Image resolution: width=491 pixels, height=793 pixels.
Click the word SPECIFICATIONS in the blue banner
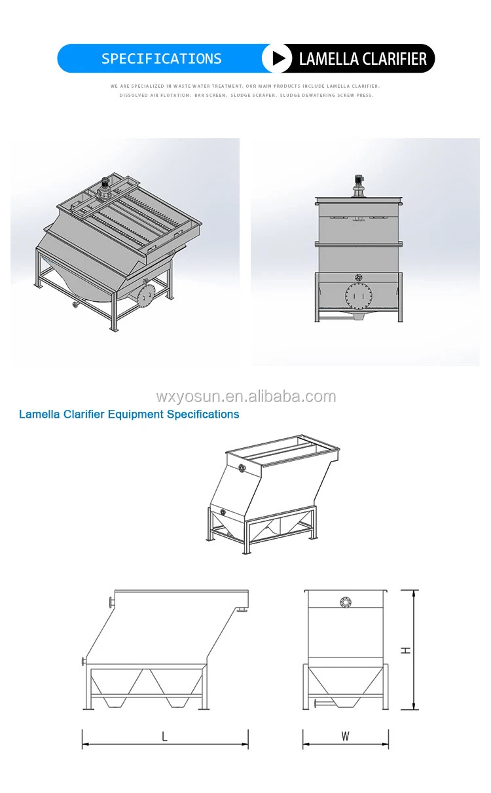point(161,59)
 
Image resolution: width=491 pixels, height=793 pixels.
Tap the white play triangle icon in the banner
point(278,59)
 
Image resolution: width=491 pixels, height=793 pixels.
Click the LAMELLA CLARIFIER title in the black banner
point(363,59)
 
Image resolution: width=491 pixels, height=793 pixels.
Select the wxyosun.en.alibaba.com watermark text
point(245,397)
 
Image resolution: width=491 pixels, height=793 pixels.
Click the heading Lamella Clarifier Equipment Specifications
point(129,415)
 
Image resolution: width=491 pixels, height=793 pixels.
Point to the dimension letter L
point(164,737)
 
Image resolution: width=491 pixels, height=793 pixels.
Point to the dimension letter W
point(345,737)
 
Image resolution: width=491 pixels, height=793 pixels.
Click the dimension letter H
point(406,650)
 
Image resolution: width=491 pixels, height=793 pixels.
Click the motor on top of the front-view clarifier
point(358,183)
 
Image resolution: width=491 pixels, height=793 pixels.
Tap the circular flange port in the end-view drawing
point(344,602)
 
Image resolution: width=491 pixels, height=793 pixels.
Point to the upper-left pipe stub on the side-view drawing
point(111,600)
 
